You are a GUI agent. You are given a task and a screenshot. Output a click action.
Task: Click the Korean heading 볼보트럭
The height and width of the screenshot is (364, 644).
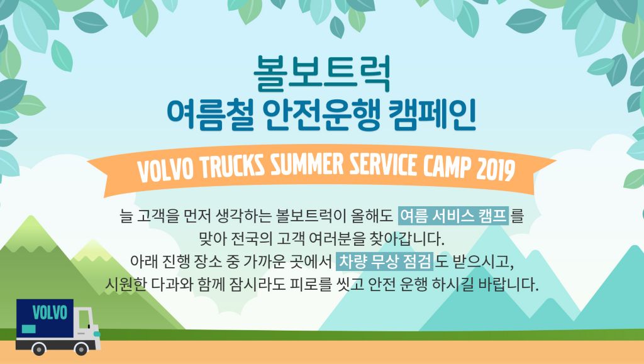[x=322, y=74]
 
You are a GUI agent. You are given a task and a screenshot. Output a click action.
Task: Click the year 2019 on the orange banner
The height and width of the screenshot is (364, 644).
[x=496, y=169]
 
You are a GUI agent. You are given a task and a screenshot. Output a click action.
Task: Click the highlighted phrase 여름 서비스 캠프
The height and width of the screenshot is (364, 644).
[x=453, y=216]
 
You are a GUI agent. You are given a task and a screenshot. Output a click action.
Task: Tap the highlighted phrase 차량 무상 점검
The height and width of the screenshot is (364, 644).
[x=385, y=262]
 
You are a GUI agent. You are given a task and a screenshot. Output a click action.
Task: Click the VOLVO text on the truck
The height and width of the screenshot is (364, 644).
[x=50, y=312]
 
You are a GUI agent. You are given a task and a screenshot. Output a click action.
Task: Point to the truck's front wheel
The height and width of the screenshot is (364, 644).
[x=81, y=349]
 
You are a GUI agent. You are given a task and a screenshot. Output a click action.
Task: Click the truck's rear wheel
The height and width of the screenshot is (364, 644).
[x=38, y=349]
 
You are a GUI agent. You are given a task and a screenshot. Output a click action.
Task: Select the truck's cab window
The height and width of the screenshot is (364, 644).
[x=84, y=319]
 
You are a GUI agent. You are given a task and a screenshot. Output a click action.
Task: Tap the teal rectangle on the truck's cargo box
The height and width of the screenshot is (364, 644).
[x=28, y=329]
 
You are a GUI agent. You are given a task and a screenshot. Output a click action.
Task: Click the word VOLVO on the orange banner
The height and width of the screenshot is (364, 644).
[x=165, y=170]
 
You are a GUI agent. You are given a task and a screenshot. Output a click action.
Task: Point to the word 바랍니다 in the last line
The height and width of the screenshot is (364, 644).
[x=508, y=284]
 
